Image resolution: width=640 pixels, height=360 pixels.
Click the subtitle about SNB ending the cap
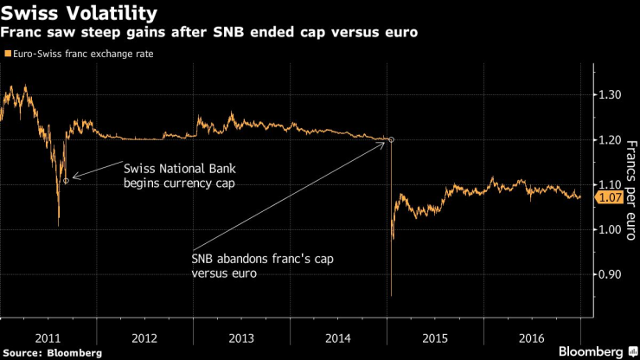click(212, 34)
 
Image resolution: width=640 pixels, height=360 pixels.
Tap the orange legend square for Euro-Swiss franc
click(8, 54)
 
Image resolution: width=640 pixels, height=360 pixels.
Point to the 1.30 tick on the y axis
click(613, 94)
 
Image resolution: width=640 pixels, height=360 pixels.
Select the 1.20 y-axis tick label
click(613, 139)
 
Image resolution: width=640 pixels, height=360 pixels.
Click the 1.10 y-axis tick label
click(613, 184)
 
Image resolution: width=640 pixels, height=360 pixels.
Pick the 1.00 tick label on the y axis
click(613, 229)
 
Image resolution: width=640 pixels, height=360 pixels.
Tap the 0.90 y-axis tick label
click(613, 274)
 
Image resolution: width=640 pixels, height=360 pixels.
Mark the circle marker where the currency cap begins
click(66, 180)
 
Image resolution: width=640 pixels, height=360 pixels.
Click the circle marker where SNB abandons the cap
click(391, 139)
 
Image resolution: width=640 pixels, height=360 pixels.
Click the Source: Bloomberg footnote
click(53, 352)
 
